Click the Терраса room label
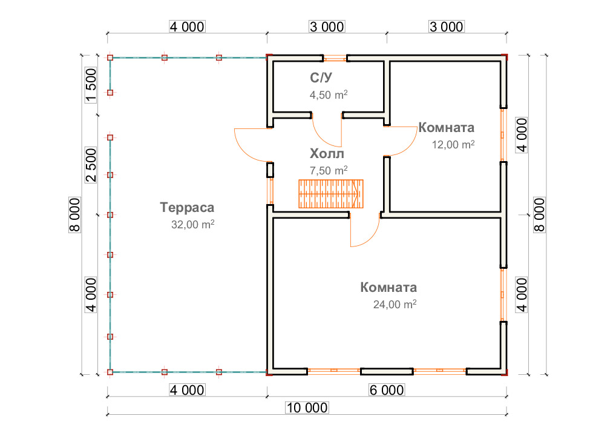pos(187,207)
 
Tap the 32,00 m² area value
pos(192,224)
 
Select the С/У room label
pos(321,78)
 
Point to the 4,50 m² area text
pos(329,94)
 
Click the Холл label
pos(327,153)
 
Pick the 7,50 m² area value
pos(329,170)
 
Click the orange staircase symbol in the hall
pos(331,194)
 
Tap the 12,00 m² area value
pos(453,144)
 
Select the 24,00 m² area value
pos(395,305)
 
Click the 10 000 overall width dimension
pos(307,408)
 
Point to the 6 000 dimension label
pos(387,390)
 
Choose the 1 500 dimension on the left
pos(91,85)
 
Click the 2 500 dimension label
pos(91,165)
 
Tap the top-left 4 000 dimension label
pos(187,27)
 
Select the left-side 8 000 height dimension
pos(74,214)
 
